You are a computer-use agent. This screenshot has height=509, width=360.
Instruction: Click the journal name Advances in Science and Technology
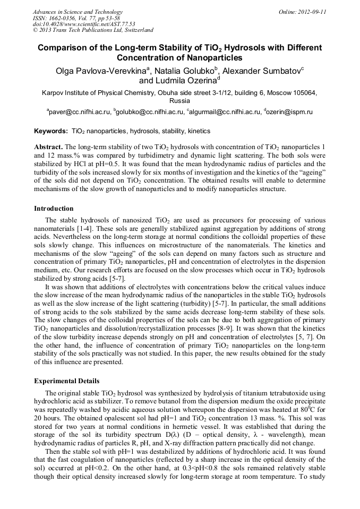78,12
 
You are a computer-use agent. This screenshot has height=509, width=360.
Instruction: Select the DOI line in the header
84,24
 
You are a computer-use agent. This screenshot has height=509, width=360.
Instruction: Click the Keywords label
50,131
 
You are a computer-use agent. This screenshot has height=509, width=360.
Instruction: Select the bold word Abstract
48,146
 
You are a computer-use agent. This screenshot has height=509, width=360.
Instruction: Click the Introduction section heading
54,209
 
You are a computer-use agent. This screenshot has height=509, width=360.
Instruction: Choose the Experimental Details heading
66,381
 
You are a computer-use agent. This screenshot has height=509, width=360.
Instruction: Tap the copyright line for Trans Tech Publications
93,30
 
